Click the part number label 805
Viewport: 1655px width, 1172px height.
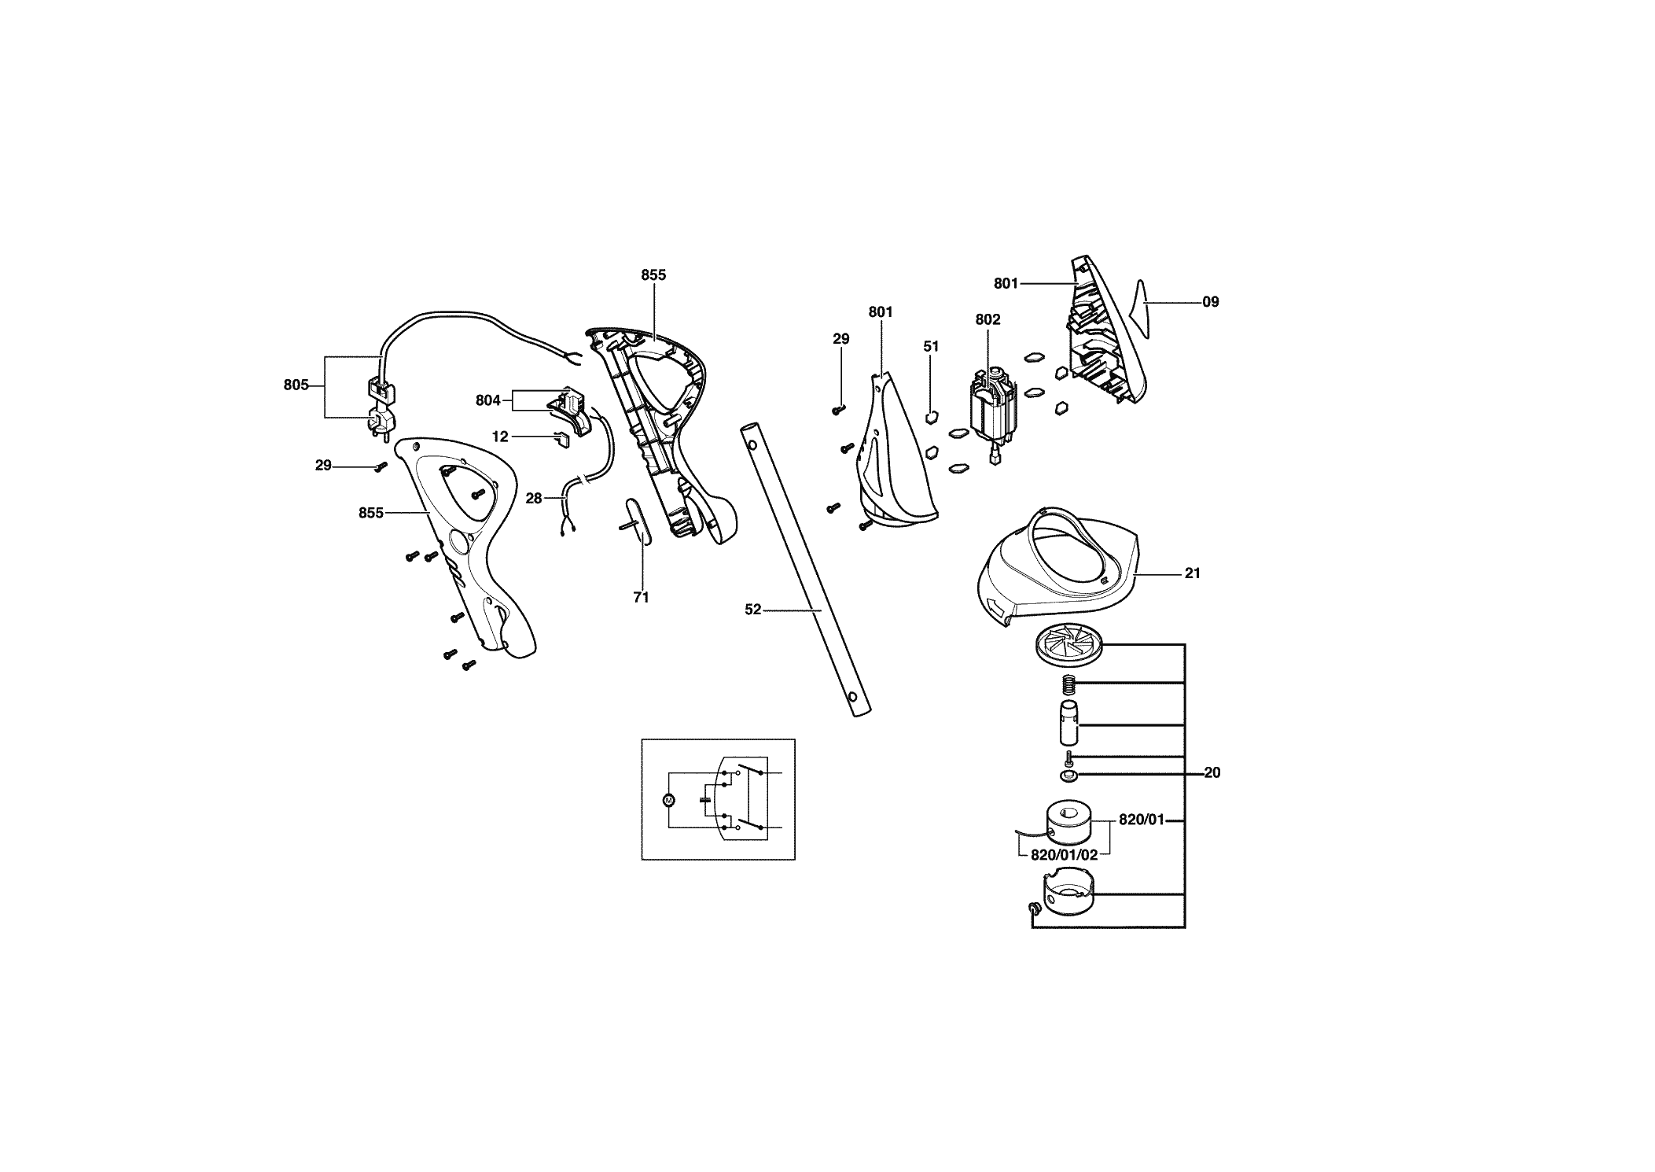pos(296,385)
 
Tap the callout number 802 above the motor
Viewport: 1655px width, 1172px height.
pos(987,319)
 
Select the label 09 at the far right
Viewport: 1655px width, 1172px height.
pos(1211,301)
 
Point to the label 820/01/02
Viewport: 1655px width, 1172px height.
pos(1064,855)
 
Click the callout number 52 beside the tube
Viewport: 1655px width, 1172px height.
pos(753,609)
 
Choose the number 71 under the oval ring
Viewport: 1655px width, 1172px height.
pos(641,598)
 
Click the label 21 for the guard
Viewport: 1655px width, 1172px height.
pos(1193,573)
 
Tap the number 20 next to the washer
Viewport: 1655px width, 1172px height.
pos(1212,773)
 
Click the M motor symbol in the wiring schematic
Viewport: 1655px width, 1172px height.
pos(669,800)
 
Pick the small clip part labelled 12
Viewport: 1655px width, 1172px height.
pos(562,438)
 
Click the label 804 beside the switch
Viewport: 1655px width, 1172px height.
pos(487,400)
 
